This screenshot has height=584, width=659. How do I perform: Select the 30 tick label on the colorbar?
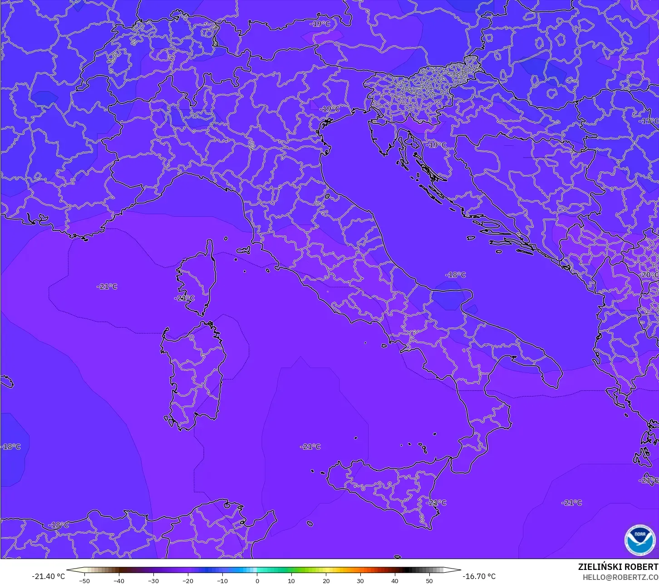(x=360, y=580)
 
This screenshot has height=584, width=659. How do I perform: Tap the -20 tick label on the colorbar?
(x=188, y=580)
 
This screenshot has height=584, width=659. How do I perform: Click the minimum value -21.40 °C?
(x=48, y=576)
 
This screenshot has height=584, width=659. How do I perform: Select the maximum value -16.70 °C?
(x=479, y=576)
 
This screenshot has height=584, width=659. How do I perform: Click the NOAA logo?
(x=639, y=540)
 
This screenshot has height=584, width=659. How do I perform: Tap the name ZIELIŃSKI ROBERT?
(x=618, y=567)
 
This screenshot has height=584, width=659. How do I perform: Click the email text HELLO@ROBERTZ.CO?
(x=620, y=577)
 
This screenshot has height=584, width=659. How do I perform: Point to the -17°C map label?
(x=648, y=121)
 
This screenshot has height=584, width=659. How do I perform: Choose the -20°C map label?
(x=649, y=275)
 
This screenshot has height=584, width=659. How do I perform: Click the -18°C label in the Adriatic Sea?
(x=456, y=275)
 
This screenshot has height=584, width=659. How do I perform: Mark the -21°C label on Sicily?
(x=436, y=503)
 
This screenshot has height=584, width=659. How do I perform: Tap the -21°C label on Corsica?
(x=184, y=298)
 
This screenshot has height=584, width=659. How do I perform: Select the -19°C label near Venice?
(x=329, y=109)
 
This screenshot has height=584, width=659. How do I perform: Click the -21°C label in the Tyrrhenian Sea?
(x=310, y=447)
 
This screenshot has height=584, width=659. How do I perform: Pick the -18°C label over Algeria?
(x=59, y=525)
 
